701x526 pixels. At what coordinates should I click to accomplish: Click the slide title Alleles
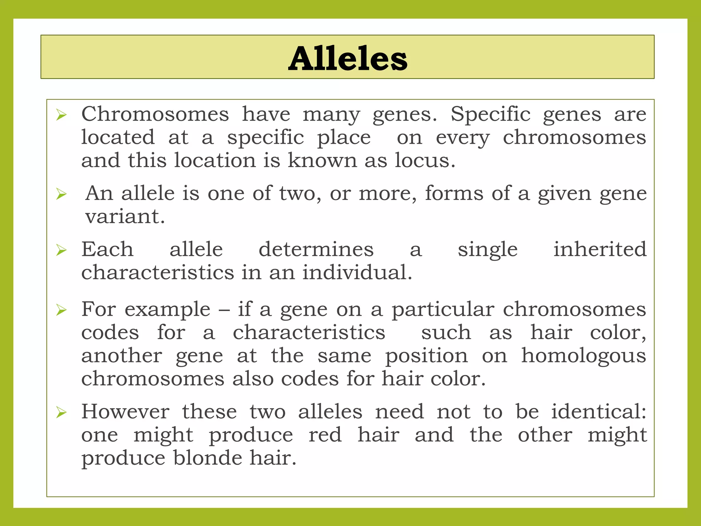pos(347,58)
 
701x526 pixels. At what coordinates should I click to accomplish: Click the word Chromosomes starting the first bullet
pos(155,114)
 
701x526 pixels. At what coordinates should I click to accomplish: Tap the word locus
pos(425,160)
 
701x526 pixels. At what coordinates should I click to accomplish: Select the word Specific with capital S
pos(490,114)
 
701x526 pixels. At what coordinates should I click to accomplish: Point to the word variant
pos(125,216)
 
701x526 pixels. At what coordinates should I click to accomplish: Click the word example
pos(167,309)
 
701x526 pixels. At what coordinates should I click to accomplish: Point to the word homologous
pos(584,355)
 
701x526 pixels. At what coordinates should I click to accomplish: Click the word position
pos(426,356)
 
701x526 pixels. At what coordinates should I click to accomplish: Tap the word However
pos(125,411)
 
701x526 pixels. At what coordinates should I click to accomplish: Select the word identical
pos(598,411)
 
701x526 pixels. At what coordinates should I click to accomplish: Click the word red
pos(325,435)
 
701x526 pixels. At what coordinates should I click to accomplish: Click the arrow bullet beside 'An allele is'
pos(61,194)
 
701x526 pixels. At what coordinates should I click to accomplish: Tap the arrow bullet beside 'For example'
pos(61,310)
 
